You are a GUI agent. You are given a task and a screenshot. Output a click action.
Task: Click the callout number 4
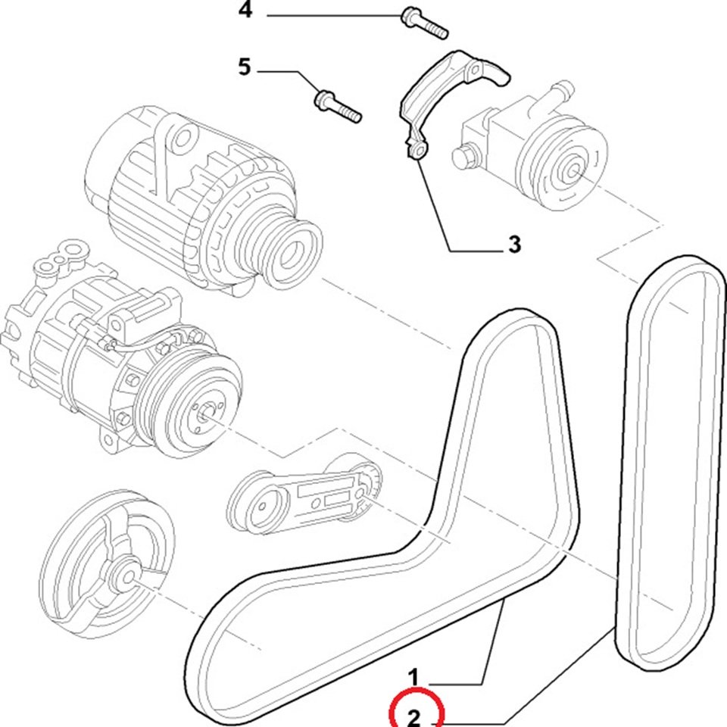(x=244, y=11)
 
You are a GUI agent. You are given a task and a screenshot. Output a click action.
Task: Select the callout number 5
(x=244, y=68)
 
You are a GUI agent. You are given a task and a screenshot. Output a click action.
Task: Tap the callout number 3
(x=514, y=244)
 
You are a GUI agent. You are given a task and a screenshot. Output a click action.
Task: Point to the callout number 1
(x=414, y=676)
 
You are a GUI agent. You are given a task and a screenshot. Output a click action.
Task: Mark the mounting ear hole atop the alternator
(x=180, y=138)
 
